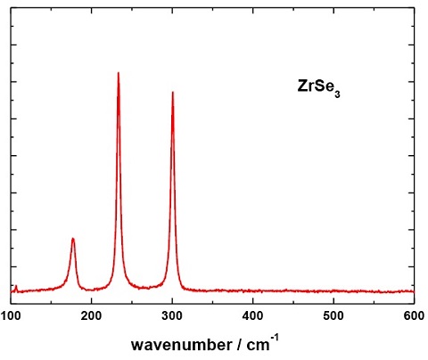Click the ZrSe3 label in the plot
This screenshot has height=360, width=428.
(x=318, y=87)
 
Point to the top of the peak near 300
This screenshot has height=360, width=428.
(x=173, y=92)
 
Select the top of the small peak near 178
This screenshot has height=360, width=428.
(x=73, y=239)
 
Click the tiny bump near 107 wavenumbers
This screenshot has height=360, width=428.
(x=16, y=286)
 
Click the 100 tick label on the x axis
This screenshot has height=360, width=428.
(x=11, y=315)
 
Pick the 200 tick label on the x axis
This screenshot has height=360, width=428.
(x=91, y=315)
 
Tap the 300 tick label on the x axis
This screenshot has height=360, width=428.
(x=172, y=315)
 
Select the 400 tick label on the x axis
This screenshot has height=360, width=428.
(x=252, y=315)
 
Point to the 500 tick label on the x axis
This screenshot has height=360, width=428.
(x=333, y=315)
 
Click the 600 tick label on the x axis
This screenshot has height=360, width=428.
(x=412, y=315)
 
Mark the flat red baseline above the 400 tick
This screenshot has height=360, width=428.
(x=252, y=290)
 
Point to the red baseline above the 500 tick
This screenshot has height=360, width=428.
(x=333, y=290)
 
